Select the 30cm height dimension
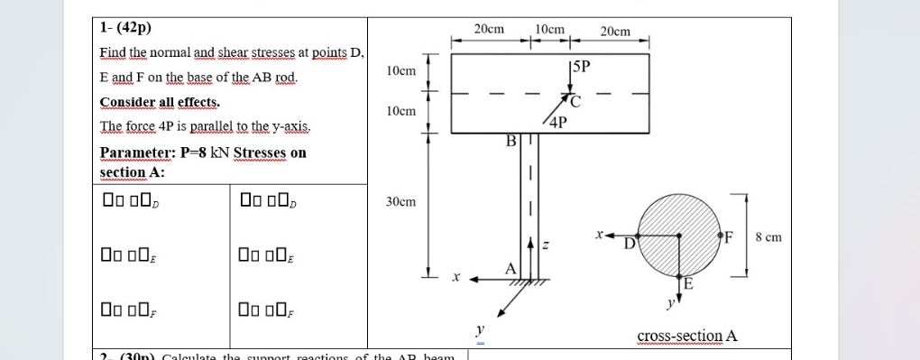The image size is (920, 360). [x=400, y=202]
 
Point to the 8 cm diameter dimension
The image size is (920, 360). [x=768, y=237]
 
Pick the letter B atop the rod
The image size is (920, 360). [x=511, y=141]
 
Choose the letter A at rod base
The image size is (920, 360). [x=511, y=268]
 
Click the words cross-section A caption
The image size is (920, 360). [x=687, y=337]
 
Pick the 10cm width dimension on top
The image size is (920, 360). [x=549, y=29]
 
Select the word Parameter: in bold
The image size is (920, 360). [x=133, y=152]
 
